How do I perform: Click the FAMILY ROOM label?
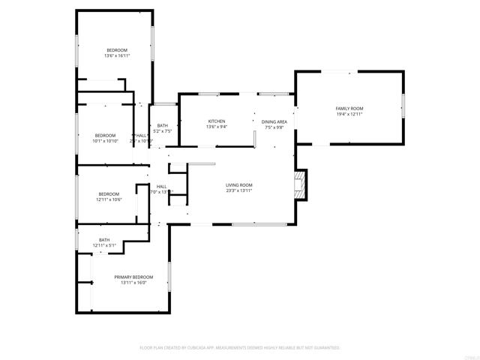coord(349,109)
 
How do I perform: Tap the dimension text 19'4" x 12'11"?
coord(349,115)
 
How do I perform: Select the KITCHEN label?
coord(217,121)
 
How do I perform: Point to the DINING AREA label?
coord(274,121)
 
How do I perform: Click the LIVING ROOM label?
coord(239,185)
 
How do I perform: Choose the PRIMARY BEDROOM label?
coord(133,277)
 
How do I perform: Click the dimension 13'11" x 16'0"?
coord(133,283)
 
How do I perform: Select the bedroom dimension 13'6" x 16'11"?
coord(117,55)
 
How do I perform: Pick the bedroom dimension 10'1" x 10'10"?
coord(106,140)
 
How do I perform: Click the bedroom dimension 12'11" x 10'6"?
coord(109,199)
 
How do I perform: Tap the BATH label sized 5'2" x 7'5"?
coord(162,125)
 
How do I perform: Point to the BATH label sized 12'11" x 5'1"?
coord(104,240)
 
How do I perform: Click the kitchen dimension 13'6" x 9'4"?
coord(217,127)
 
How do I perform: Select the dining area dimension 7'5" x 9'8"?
coord(274,127)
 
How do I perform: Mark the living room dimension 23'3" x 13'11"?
coord(239,191)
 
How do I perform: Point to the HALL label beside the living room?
coord(161,186)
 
